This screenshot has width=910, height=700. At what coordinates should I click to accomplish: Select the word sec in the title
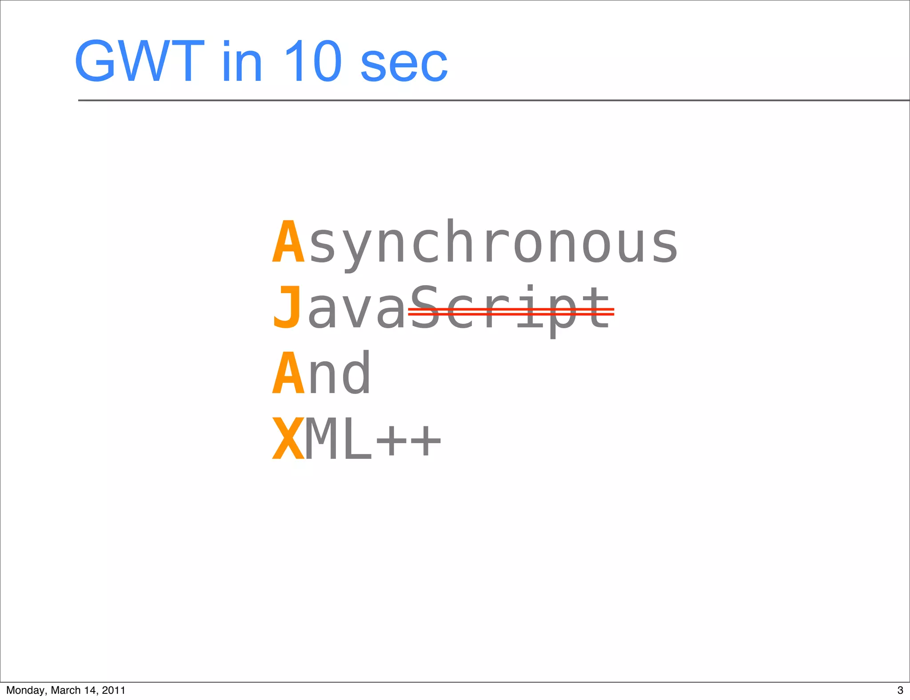[x=403, y=65]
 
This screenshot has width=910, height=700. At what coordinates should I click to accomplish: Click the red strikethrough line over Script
[x=511, y=311]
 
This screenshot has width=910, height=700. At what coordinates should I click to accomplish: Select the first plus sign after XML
[x=391, y=441]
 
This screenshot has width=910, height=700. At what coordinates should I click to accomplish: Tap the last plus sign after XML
[x=425, y=441]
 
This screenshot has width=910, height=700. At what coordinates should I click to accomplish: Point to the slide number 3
[x=900, y=690]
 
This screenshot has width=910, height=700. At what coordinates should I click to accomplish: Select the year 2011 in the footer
[x=113, y=690]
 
